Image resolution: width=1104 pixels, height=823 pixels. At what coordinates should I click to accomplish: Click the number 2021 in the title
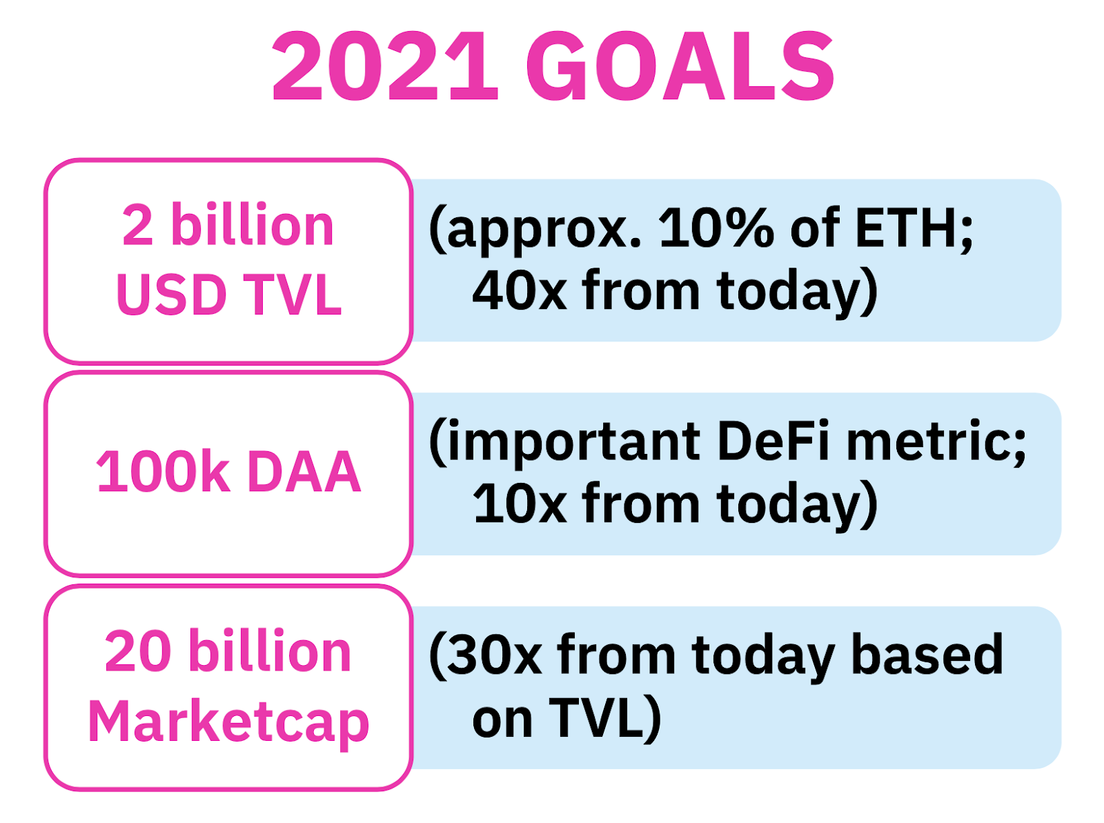[x=385, y=66]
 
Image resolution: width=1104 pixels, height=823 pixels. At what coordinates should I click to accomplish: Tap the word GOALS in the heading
[x=680, y=66]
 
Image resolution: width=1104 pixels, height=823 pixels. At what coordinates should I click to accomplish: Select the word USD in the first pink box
[x=172, y=295]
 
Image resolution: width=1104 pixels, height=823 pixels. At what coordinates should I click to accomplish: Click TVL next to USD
[x=293, y=295]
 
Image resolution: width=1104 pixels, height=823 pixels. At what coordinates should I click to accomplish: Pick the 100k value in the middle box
[x=163, y=470]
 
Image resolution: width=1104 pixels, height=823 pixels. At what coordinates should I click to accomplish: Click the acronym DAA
[x=304, y=472]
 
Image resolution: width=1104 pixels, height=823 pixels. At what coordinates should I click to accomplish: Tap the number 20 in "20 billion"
[x=137, y=651]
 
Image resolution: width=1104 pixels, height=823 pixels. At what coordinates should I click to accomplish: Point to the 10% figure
[x=716, y=228]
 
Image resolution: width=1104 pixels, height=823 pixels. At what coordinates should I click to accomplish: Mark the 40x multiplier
[x=519, y=290]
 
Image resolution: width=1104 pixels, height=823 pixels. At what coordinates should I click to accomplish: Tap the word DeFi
[x=773, y=439]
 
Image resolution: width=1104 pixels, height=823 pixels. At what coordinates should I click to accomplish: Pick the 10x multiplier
[x=519, y=504]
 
